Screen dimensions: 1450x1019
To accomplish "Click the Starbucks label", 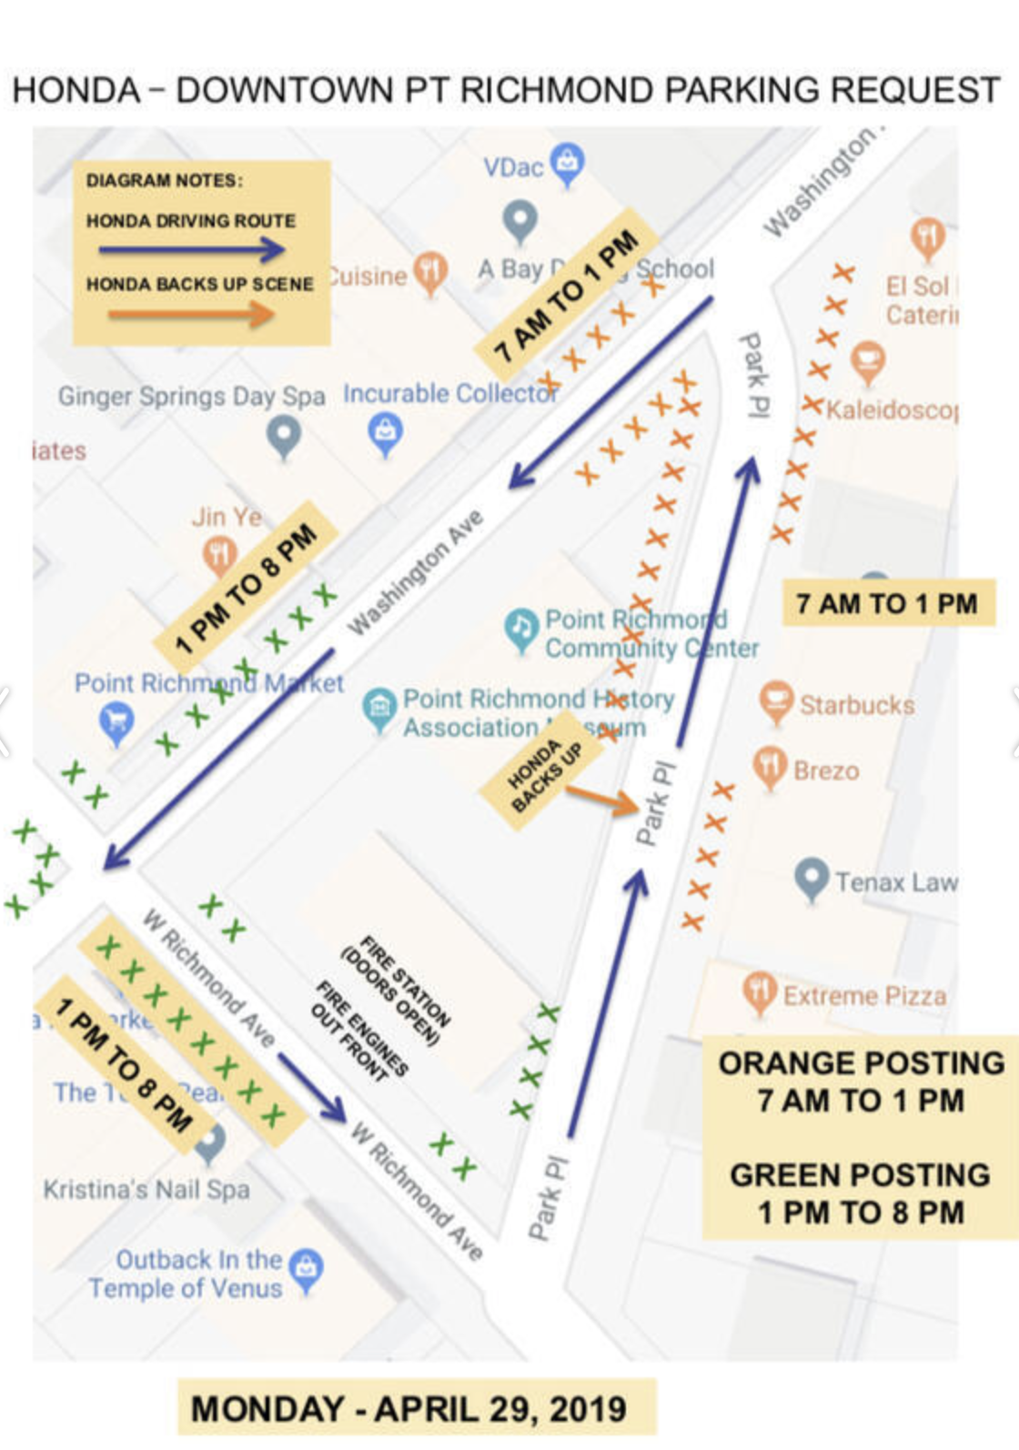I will pyautogui.click(x=857, y=705).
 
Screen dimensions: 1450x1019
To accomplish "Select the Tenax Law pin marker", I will pyautogui.click(x=811, y=877).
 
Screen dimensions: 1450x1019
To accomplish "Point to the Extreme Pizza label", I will pyautogui.click(x=864, y=996).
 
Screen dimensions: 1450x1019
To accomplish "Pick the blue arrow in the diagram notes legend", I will pyautogui.click(x=191, y=249).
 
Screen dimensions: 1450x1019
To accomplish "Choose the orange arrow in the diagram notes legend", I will pyautogui.click(x=191, y=315).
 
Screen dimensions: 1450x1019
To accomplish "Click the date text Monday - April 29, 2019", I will pyautogui.click(x=409, y=1409).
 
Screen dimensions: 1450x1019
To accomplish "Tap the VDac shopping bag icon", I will pyautogui.click(x=568, y=163).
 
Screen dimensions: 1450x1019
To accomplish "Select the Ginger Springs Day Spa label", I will pyautogui.click(x=191, y=397).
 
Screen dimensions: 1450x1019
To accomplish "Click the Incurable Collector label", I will pyautogui.click(x=450, y=394).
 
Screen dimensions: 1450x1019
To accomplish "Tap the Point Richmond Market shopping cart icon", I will pyautogui.click(x=116, y=722).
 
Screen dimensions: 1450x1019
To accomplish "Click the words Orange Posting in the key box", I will pyautogui.click(x=861, y=1062).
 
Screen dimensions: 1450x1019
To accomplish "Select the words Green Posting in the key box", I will pyautogui.click(x=860, y=1174).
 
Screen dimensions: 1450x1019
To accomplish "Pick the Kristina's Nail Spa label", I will pyautogui.click(x=146, y=1189).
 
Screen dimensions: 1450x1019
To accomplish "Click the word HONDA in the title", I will pyautogui.click(x=76, y=91).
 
